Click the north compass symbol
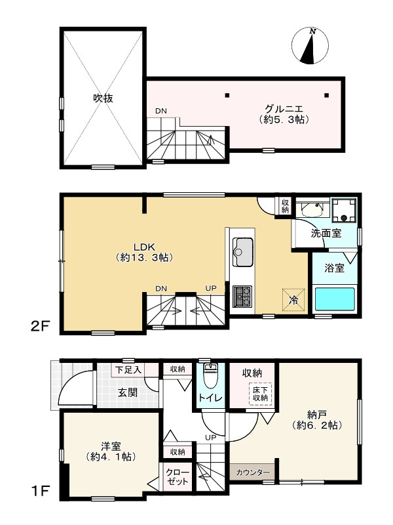310,45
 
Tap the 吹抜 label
103,98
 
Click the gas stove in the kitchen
242,297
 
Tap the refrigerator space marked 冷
293,300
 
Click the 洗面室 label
326,233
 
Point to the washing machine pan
343,210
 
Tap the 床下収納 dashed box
260,394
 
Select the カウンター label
253,472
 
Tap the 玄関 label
127,392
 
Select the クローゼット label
178,477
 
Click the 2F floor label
40,326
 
